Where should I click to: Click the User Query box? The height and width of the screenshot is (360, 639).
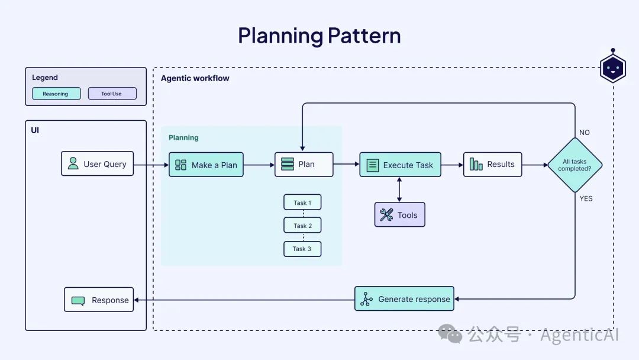click(97, 163)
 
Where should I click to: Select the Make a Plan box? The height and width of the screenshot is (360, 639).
click(206, 165)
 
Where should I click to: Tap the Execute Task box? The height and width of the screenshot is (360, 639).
click(400, 165)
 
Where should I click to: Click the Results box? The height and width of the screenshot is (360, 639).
click(492, 164)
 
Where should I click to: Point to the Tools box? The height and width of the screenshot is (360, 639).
click(399, 215)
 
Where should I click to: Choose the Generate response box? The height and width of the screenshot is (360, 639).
click(405, 299)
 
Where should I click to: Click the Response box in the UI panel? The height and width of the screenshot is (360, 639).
click(99, 300)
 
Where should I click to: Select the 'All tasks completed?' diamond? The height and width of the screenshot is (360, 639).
click(575, 165)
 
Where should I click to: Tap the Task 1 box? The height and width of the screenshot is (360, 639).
click(302, 202)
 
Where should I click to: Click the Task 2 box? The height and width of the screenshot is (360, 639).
click(302, 226)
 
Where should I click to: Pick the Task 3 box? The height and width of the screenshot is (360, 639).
click(302, 249)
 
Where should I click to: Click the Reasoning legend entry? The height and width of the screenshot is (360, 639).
click(56, 94)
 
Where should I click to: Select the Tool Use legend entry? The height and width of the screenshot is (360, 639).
click(112, 94)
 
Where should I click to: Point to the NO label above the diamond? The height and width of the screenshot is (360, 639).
click(585, 133)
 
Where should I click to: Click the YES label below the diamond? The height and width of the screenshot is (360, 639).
click(586, 198)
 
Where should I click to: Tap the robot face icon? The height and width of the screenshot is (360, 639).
click(612, 68)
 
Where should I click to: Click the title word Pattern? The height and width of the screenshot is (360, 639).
click(364, 36)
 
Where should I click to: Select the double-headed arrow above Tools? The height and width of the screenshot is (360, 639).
click(399, 189)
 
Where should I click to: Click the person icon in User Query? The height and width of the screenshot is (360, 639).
click(73, 163)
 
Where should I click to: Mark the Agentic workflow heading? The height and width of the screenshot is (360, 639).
click(195, 78)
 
